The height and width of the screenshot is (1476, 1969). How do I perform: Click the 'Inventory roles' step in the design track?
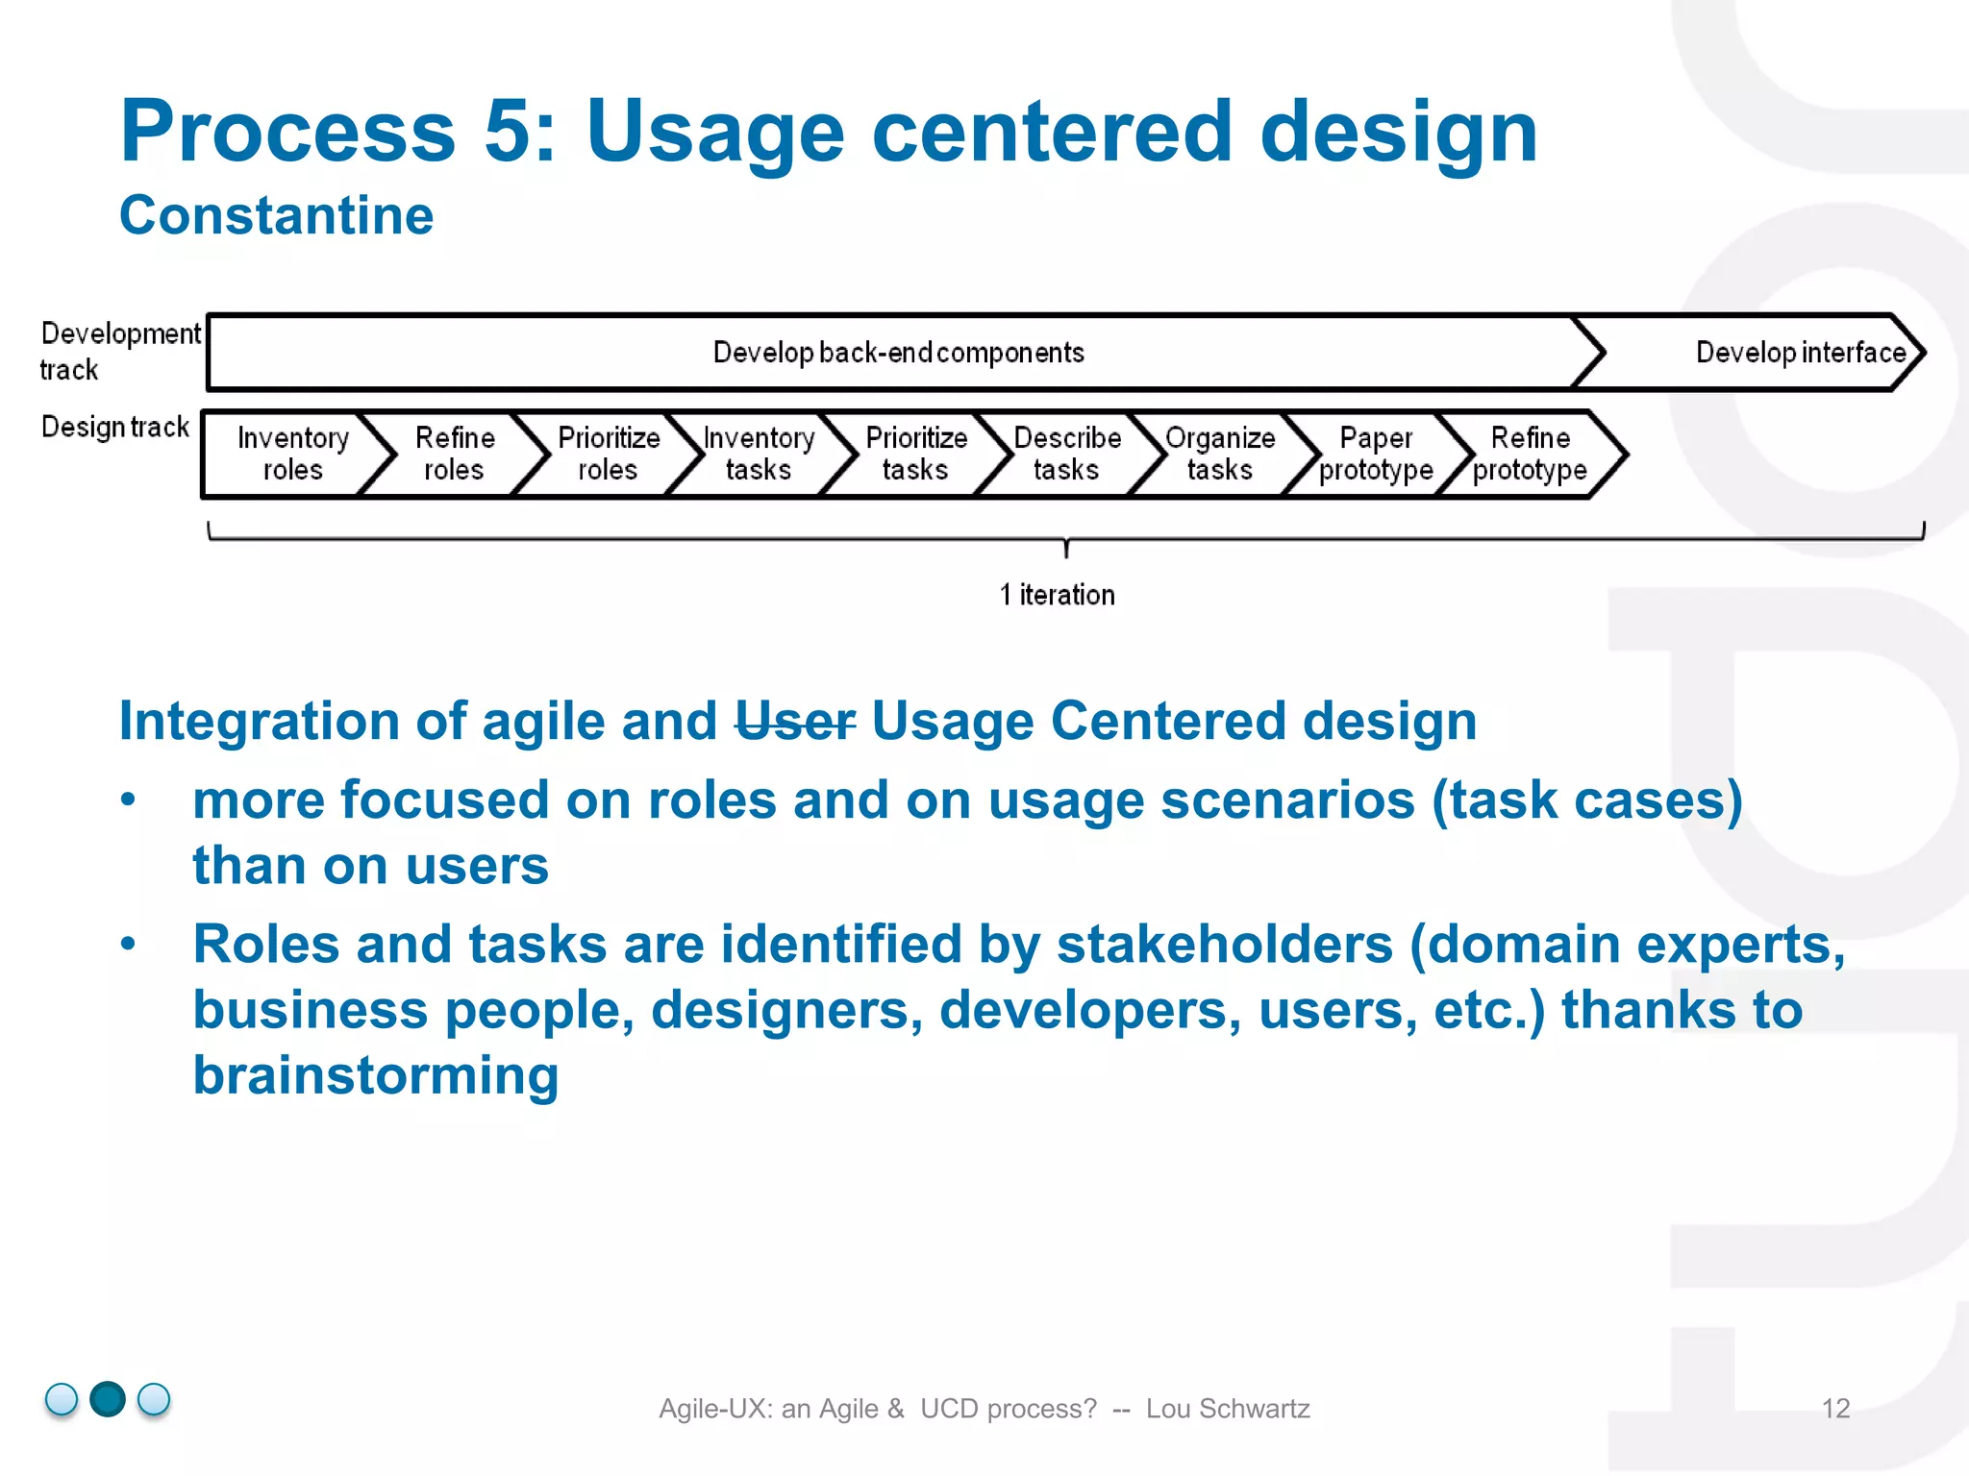coord(292,454)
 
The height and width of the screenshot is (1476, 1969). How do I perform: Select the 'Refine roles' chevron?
coord(454,454)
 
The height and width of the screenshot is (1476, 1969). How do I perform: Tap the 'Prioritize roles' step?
coord(608,454)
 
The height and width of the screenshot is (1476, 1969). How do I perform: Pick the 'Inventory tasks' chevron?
coord(759,454)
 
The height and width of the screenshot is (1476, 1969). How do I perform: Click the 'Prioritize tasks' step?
coord(915,454)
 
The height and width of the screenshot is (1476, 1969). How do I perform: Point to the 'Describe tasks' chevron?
coord(1066,454)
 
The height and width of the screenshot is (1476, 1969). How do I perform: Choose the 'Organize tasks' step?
coord(1220,454)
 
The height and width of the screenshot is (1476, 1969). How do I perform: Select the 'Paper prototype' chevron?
coord(1376,454)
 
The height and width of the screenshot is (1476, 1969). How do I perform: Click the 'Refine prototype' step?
coord(1530,454)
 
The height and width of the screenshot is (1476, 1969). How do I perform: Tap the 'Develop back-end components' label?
coord(898,353)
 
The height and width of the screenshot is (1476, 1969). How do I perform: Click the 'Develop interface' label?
coord(1800,353)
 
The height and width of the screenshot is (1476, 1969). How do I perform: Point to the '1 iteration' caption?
coord(1057,595)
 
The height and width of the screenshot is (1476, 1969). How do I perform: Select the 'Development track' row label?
coord(119,351)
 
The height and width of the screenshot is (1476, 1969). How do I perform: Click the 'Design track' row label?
coord(115,427)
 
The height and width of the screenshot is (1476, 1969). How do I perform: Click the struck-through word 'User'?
coord(794,721)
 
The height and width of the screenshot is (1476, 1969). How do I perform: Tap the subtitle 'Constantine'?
coord(276,215)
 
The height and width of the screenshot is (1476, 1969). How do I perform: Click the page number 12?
coord(1835,1408)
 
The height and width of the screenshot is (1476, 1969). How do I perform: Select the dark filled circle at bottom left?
coord(108,1399)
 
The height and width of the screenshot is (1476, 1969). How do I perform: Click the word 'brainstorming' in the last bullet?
coord(376,1075)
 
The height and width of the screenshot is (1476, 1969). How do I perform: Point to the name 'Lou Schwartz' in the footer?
coord(1227,1408)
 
